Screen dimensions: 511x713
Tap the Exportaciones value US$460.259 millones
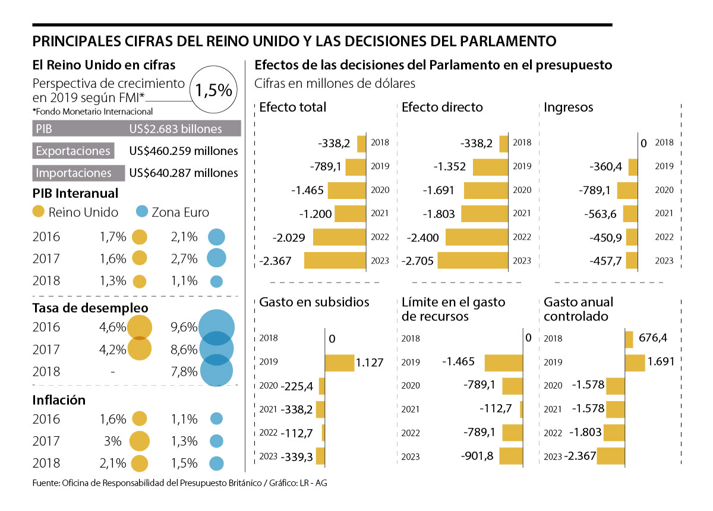[x=184, y=151]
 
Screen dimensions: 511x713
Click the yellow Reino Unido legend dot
[x=38, y=212]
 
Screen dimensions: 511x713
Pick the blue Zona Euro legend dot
[x=142, y=212]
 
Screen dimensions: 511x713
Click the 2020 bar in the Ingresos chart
[x=627, y=190]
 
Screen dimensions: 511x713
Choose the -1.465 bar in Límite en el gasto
[x=504, y=363]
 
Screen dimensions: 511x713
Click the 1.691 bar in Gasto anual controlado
[x=635, y=363]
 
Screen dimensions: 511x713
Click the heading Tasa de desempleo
[x=90, y=308]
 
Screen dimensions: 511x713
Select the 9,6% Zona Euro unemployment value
[x=184, y=326]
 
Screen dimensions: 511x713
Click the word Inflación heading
[x=59, y=400]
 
